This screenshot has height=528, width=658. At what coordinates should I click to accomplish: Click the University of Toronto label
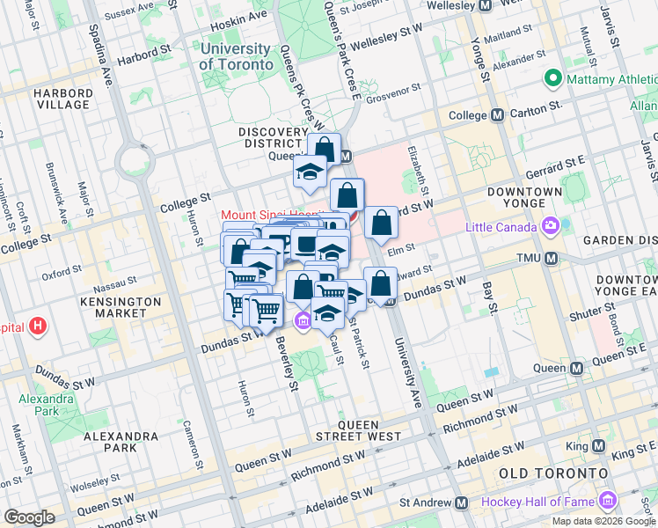click(x=235, y=56)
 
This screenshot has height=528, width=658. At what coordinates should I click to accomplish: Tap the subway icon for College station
click(x=497, y=114)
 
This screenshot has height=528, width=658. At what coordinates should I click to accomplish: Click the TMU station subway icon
click(x=552, y=258)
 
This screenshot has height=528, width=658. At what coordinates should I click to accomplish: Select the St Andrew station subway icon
click(x=461, y=502)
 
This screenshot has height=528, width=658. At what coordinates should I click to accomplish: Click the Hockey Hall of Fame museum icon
click(x=607, y=502)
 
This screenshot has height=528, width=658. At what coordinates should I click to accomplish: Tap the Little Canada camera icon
click(x=551, y=225)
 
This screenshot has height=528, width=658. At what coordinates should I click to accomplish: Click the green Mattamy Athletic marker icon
click(x=553, y=78)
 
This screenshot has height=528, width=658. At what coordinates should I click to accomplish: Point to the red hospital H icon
click(x=36, y=327)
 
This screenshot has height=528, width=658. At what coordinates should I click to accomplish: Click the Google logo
click(x=29, y=517)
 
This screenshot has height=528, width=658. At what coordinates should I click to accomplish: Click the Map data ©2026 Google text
click(x=603, y=521)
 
